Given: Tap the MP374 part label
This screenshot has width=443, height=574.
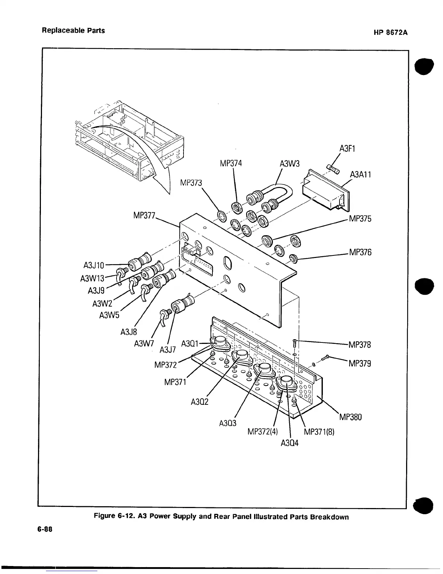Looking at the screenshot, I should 231,163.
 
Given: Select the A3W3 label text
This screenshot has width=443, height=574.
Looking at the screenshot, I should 290,164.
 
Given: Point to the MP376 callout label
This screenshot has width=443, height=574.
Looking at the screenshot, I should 360,252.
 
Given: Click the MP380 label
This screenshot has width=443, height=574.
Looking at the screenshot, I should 350,417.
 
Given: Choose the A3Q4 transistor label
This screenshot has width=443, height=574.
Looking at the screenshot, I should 290,443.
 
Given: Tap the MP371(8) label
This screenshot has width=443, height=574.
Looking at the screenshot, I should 319,432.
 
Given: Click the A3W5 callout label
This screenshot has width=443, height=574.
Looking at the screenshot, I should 109,315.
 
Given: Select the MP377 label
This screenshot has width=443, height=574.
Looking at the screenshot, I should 144,216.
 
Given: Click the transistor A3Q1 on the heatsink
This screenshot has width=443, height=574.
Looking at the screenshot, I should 220,342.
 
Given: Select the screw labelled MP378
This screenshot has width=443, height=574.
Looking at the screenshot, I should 295,342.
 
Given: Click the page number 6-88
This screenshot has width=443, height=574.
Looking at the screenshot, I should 45,529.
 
